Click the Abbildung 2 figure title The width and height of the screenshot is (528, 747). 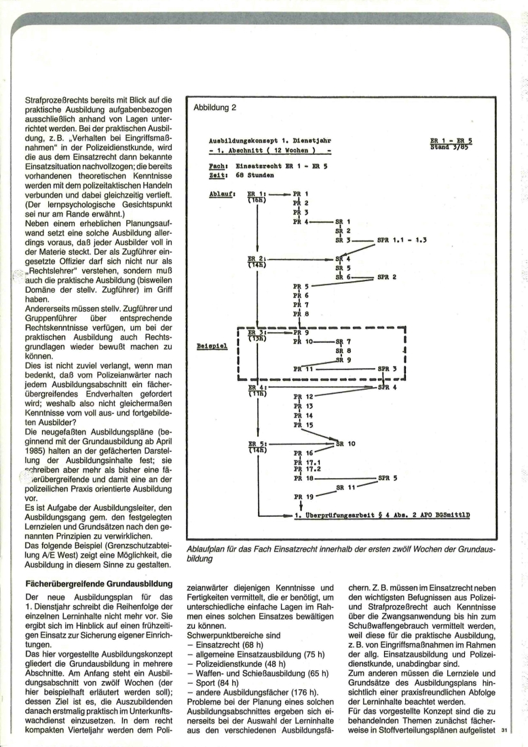click(x=215, y=107)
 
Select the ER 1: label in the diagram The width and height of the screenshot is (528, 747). click(x=257, y=193)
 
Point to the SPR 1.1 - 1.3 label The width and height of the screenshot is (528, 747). click(x=400, y=240)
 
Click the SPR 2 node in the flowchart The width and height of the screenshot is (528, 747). click(x=387, y=277)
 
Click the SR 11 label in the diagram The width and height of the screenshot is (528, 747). click(x=347, y=487)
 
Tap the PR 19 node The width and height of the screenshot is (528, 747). click(x=303, y=496)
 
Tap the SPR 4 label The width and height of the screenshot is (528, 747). click(x=387, y=387)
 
